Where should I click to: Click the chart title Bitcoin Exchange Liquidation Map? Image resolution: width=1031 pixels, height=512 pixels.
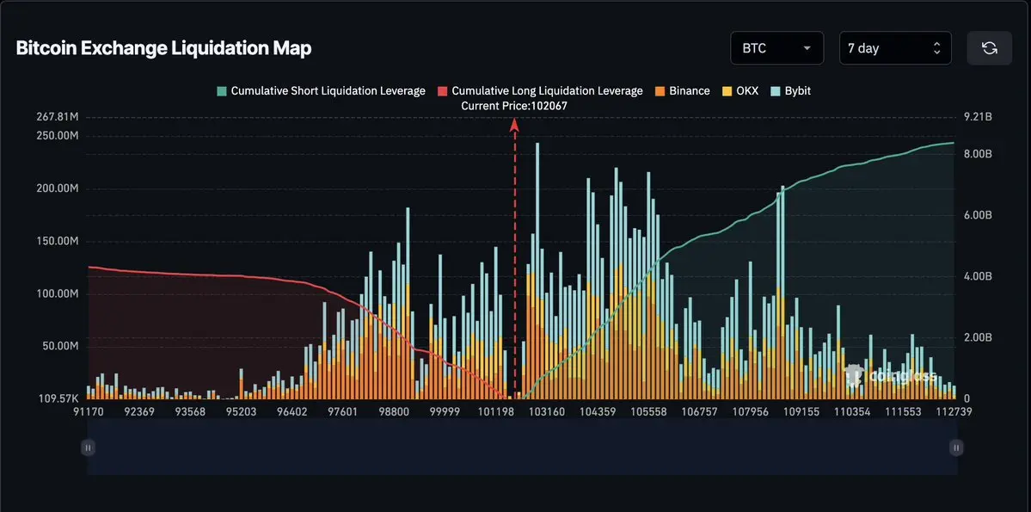click(163, 48)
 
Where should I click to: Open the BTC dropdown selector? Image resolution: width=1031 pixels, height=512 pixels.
click(776, 48)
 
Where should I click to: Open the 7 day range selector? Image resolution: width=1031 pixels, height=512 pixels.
click(894, 48)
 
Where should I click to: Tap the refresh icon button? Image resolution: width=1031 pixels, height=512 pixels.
click(989, 48)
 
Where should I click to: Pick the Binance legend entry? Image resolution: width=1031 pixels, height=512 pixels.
click(683, 90)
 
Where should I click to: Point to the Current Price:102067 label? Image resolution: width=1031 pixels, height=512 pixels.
click(514, 105)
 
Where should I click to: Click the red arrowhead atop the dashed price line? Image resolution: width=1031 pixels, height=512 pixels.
click(514, 124)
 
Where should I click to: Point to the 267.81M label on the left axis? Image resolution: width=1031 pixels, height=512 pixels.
click(57, 117)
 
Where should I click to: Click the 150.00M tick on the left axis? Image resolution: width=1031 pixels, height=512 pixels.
click(57, 241)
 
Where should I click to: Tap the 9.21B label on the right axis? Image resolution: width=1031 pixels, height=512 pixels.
click(979, 117)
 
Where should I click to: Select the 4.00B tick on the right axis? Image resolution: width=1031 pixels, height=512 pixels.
click(979, 276)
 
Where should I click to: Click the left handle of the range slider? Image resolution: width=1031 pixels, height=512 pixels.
click(88, 447)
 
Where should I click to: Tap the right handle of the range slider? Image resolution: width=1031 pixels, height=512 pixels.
click(956, 447)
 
